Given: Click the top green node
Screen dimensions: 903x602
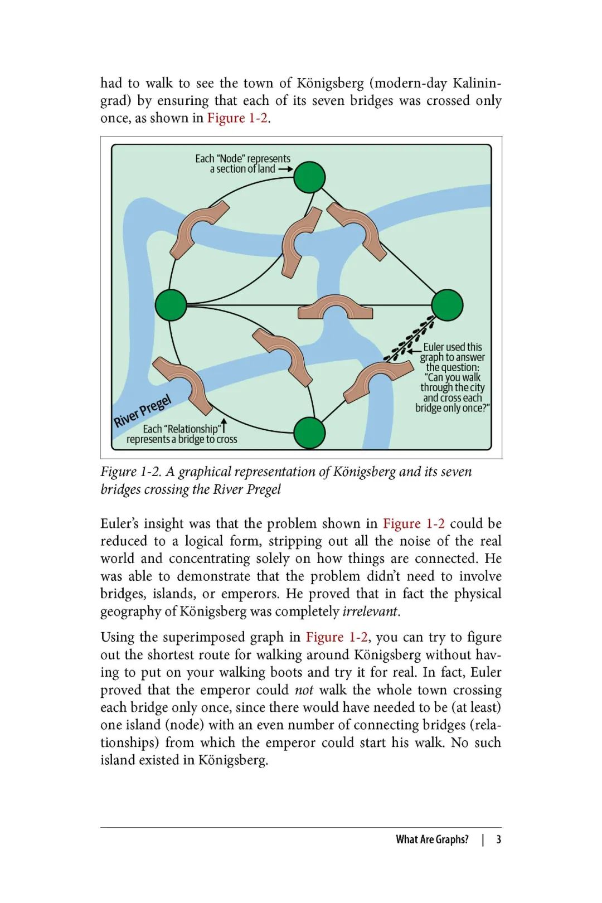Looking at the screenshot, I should (309, 177).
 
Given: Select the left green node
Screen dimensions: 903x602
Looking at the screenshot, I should (171, 305).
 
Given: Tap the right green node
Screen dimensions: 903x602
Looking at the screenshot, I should (447, 305).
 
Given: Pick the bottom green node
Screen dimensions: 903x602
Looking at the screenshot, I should (309, 433).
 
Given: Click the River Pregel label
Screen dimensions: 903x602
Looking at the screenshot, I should (142, 411).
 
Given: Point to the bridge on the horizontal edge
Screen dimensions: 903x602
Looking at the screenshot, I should (335, 308).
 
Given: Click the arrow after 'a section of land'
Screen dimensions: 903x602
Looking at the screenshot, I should (285, 169).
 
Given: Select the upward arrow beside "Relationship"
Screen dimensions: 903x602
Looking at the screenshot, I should (224, 426).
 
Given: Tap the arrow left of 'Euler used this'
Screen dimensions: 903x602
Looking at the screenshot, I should (414, 351).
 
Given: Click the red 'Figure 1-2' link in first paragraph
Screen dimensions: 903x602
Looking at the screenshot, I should (237, 118).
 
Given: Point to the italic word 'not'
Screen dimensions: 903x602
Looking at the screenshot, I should (304, 690).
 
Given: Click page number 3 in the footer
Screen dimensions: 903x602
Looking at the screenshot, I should (499, 839).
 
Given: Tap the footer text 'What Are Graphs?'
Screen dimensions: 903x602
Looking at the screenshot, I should (432, 839).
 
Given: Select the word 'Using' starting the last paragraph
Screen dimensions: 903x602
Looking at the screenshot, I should (117, 637).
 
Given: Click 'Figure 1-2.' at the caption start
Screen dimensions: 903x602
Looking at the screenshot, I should (130, 472).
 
